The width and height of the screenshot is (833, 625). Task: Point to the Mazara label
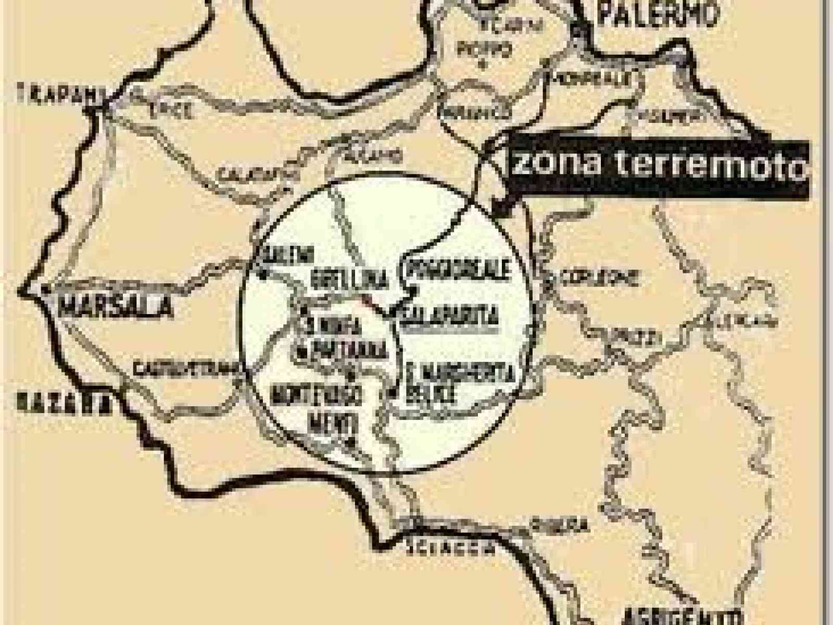coord(64,403)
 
